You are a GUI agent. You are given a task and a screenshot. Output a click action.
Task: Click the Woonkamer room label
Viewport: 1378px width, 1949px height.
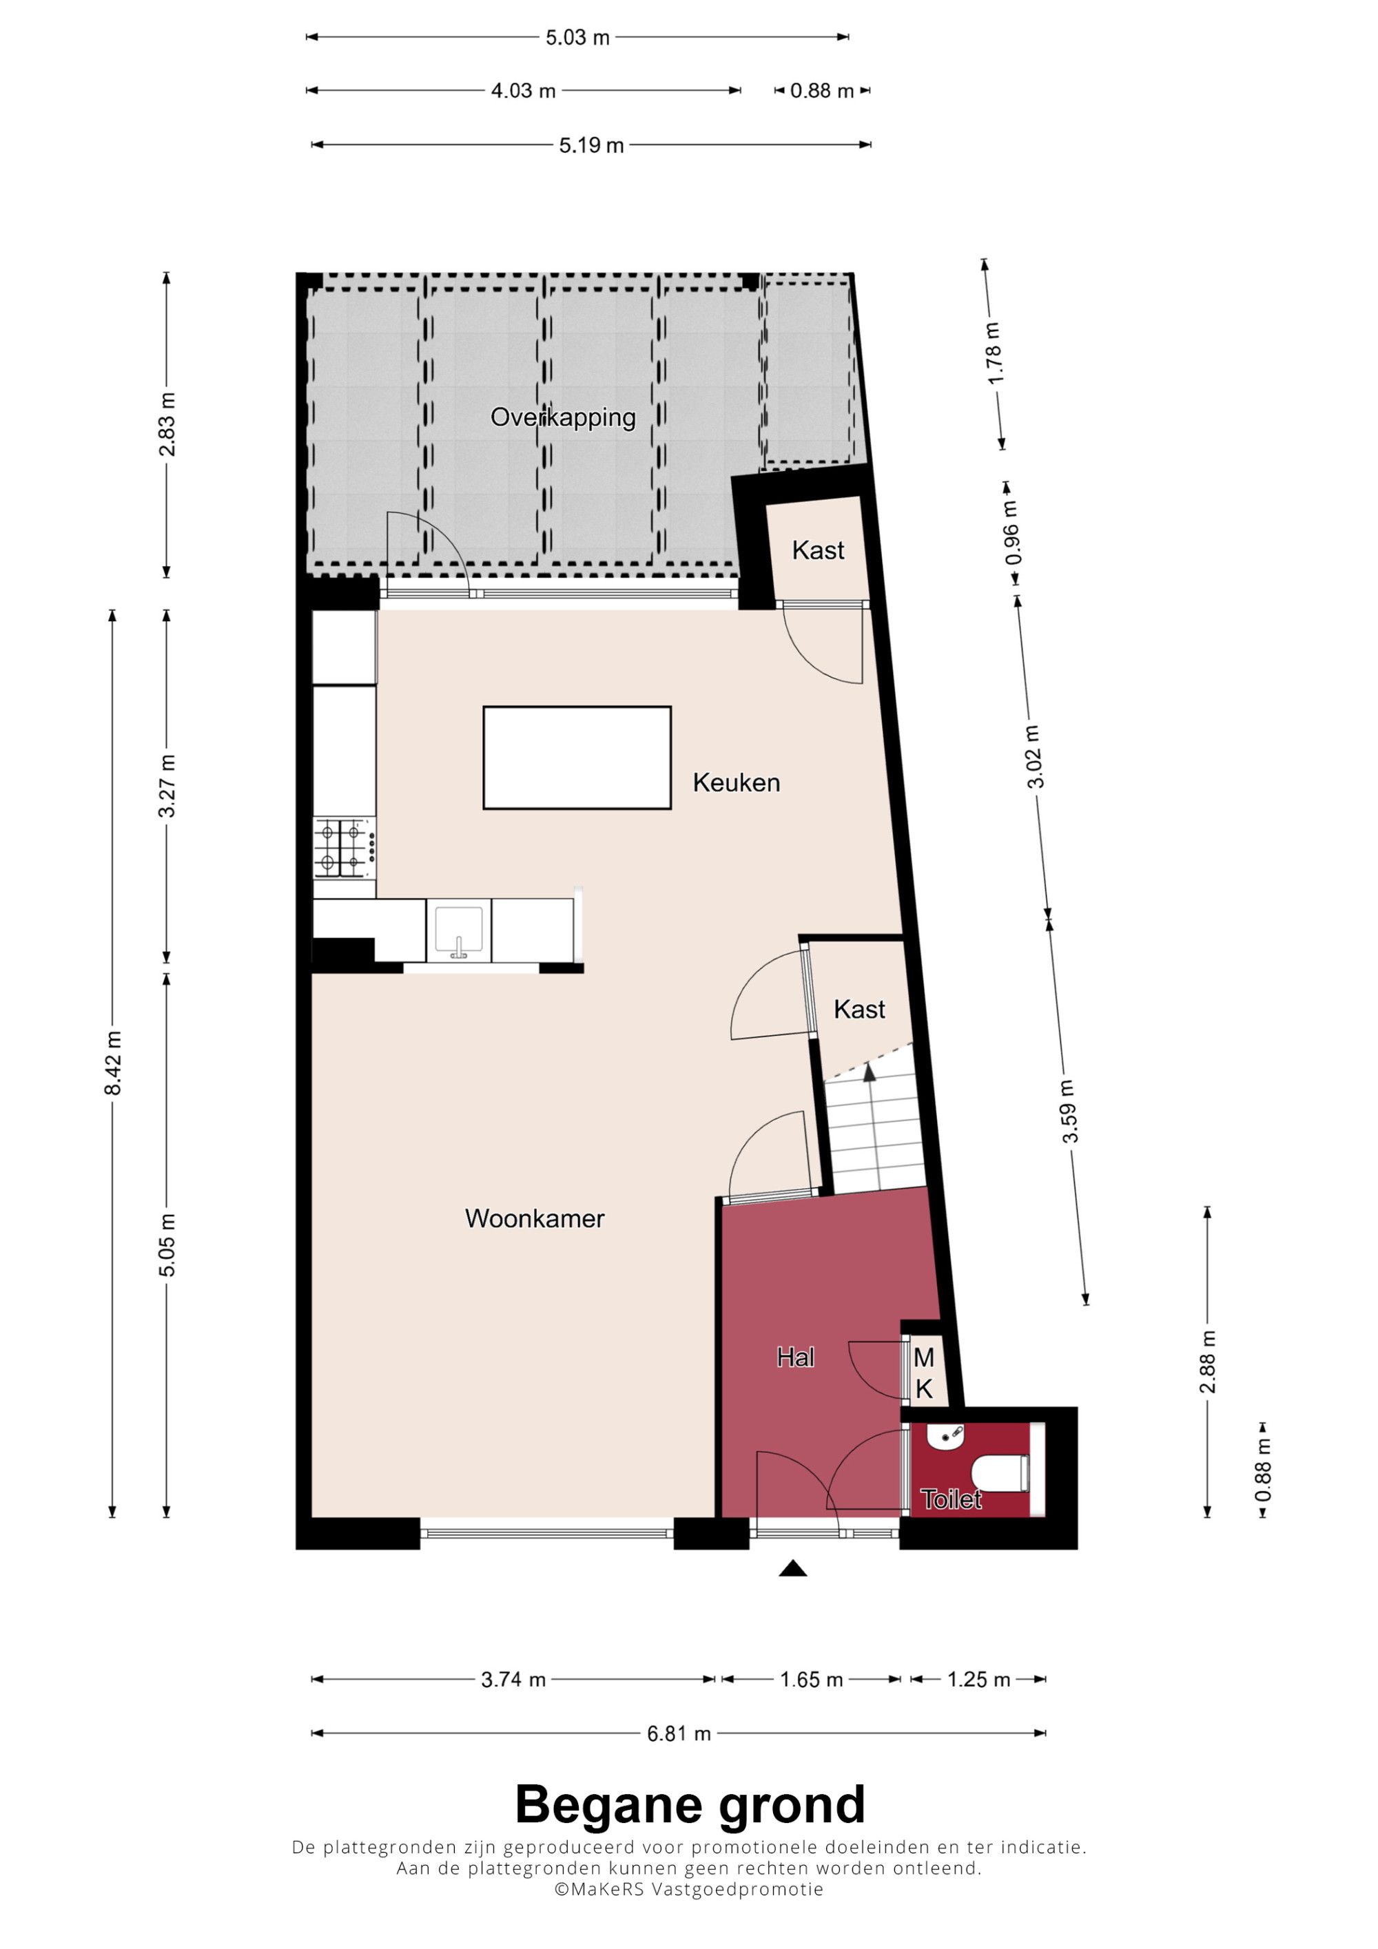[534, 1218]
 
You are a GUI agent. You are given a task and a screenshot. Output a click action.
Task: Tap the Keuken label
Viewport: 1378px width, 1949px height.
[736, 782]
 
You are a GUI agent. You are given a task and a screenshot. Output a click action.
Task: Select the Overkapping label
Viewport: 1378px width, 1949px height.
[563, 417]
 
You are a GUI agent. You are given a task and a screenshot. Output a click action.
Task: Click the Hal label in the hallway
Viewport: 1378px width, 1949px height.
[796, 1357]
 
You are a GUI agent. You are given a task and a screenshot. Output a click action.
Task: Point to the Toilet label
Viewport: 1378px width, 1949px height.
[951, 1499]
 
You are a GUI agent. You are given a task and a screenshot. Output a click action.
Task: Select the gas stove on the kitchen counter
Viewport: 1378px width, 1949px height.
[344, 847]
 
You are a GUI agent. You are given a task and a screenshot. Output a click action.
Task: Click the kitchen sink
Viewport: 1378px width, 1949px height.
[458, 931]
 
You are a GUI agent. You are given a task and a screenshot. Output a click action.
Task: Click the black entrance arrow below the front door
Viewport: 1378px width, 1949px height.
[793, 1568]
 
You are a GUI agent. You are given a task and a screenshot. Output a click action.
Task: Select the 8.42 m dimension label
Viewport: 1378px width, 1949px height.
[113, 1063]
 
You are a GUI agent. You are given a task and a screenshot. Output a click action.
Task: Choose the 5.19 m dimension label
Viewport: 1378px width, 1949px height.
[591, 145]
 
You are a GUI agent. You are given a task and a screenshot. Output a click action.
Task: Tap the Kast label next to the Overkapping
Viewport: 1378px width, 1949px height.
[818, 550]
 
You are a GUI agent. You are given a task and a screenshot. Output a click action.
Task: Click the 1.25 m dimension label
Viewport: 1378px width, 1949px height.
[978, 1679]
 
